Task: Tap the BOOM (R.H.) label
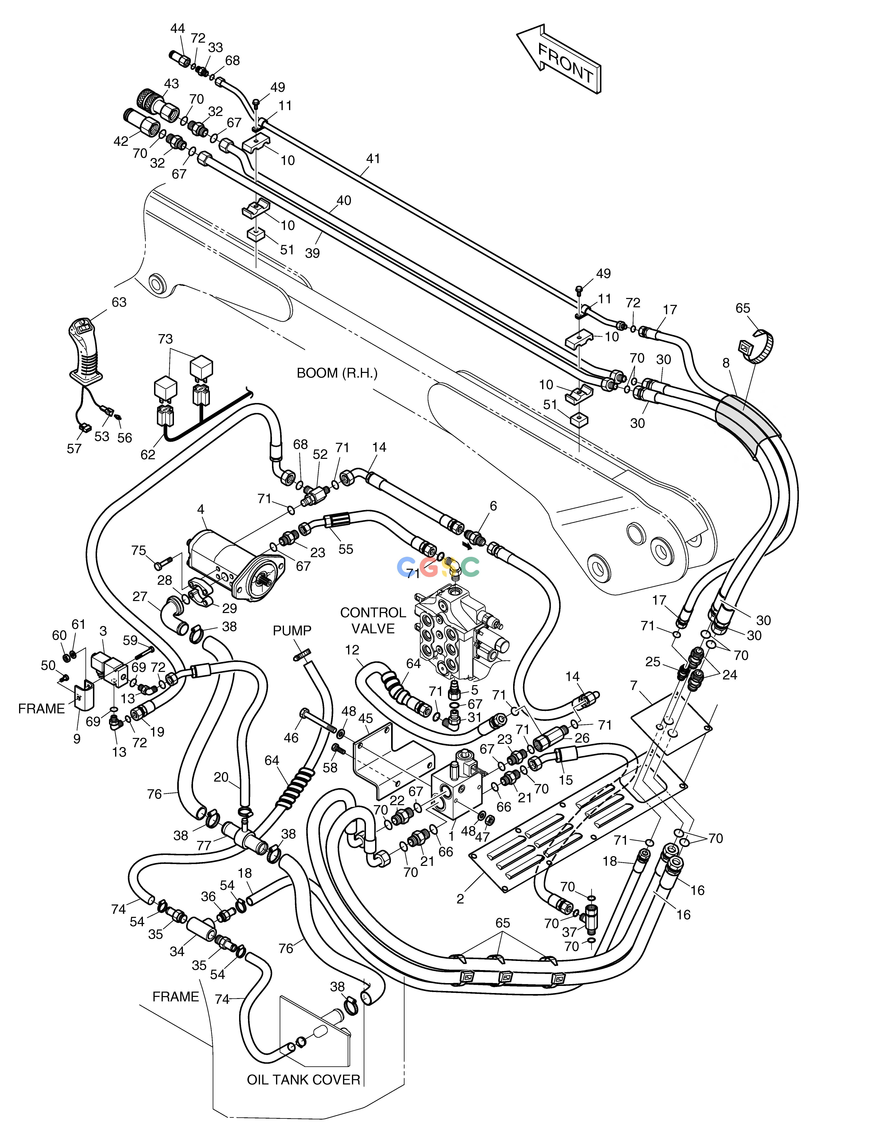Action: point(337,373)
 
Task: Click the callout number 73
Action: point(165,339)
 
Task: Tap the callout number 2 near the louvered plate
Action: point(460,899)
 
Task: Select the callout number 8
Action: point(726,363)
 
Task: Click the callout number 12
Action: point(352,650)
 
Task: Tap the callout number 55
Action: point(346,549)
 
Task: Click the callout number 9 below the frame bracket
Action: point(77,738)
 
